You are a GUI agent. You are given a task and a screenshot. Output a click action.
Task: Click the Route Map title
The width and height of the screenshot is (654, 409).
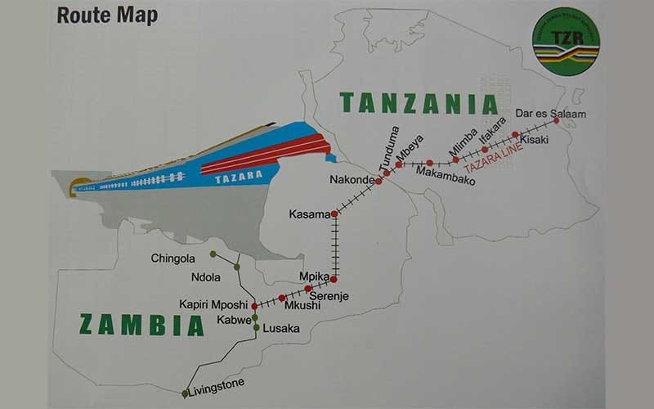click(x=107, y=16)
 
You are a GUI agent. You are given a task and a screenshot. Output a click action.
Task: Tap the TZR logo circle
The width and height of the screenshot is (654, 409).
click(x=570, y=42)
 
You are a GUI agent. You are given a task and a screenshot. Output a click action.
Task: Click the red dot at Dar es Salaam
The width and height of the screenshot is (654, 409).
click(x=557, y=120)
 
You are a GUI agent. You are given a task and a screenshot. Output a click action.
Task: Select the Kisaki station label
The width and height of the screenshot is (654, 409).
click(x=535, y=140)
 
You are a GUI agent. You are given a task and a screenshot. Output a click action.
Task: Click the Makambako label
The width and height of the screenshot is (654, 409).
click(x=446, y=173)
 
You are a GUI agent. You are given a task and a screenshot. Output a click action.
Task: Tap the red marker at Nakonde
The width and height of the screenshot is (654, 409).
click(x=379, y=181)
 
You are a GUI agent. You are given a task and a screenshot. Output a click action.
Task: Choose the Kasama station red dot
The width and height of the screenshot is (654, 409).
click(x=334, y=214)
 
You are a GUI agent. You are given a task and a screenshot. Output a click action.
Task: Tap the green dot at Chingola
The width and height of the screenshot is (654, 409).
click(x=213, y=254)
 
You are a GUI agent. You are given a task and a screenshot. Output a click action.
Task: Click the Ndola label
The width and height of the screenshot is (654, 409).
click(x=205, y=276)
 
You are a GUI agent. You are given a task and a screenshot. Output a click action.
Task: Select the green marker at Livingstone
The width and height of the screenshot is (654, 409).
click(x=185, y=394)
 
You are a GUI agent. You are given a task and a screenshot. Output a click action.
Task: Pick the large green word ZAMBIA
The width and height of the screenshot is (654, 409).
click(x=141, y=325)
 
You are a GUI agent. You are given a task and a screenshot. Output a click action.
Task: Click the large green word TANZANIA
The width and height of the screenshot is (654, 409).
click(x=419, y=103)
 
